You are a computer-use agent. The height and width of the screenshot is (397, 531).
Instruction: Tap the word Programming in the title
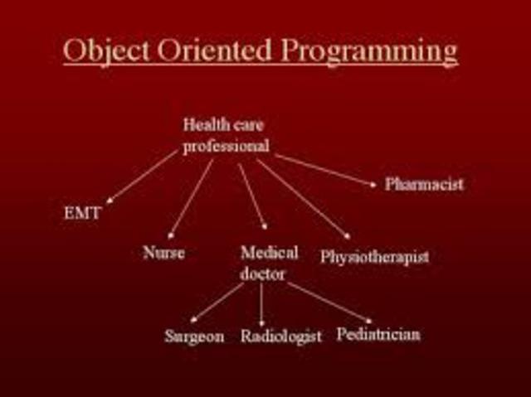pos(368,53)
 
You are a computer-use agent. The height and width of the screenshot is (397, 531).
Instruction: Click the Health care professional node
pos(226,135)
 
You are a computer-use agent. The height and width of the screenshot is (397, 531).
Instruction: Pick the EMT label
pos(82,213)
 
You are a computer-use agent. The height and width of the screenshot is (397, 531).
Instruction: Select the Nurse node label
pos(163,253)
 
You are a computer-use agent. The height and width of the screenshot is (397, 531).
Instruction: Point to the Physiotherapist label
pos(374,257)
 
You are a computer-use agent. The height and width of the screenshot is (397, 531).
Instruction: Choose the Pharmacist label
pos(424,184)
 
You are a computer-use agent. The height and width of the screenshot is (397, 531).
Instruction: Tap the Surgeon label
pos(194,336)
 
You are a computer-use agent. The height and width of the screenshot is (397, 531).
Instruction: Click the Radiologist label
pos(280,336)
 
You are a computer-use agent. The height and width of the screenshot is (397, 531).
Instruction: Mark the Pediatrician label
pos(378,335)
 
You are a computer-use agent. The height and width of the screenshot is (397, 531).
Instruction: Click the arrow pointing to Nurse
pos(190,199)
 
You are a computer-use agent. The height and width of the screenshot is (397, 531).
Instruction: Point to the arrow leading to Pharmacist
pos(325,171)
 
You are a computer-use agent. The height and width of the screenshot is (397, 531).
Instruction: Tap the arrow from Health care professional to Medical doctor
pos(252,196)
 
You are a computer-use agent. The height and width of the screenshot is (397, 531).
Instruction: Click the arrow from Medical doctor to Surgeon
pos(217,303)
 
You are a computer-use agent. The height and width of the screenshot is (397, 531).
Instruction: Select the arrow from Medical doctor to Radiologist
pos(261,305)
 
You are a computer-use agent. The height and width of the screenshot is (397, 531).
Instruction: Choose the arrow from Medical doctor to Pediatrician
pos(329,303)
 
